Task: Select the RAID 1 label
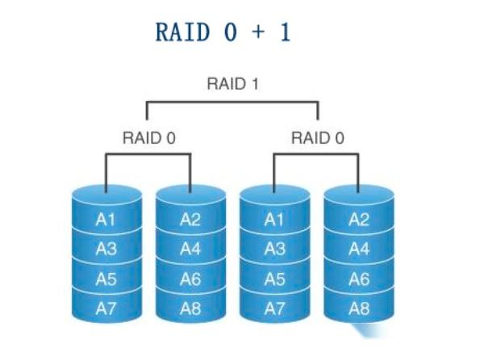232,84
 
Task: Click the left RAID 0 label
148,137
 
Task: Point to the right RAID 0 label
317,137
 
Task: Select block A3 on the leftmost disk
106,249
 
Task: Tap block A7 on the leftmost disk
106,308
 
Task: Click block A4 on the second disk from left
190,249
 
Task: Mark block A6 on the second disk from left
190,278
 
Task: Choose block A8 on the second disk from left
190,308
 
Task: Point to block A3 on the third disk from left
274,249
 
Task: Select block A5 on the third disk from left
274,278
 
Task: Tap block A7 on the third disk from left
274,308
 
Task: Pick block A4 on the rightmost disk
359,249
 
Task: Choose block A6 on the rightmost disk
359,278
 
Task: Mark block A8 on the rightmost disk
359,308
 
